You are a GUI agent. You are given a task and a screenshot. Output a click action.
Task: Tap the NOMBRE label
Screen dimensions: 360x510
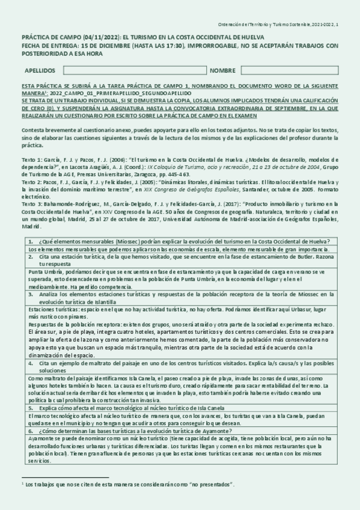[x=223, y=70]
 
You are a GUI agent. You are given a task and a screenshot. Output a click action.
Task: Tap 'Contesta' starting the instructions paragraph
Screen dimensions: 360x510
[x=32, y=131]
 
